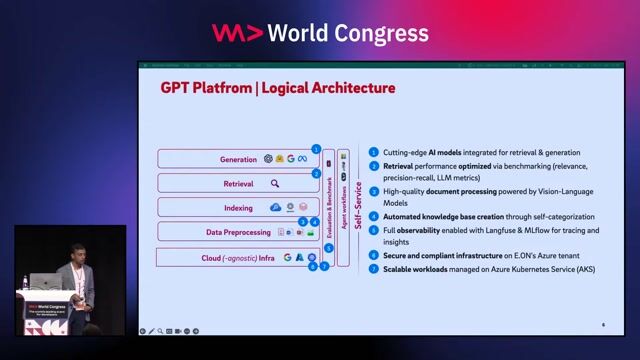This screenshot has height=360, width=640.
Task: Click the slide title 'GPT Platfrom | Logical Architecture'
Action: click(278, 88)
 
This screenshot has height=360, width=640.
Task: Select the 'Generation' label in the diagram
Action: click(239, 159)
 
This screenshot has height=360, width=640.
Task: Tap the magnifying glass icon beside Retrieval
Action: click(275, 183)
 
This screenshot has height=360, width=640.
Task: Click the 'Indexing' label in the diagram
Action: click(238, 208)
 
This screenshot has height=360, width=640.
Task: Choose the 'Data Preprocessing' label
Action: click(239, 232)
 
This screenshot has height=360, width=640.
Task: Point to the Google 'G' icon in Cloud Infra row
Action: click(287, 257)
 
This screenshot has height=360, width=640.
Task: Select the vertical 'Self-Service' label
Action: click(357, 205)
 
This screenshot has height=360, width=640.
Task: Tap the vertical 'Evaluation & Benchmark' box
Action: click(329, 205)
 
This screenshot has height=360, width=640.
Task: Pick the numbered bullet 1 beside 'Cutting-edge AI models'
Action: click(374, 152)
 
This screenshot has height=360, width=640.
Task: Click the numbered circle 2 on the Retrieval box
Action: click(316, 173)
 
